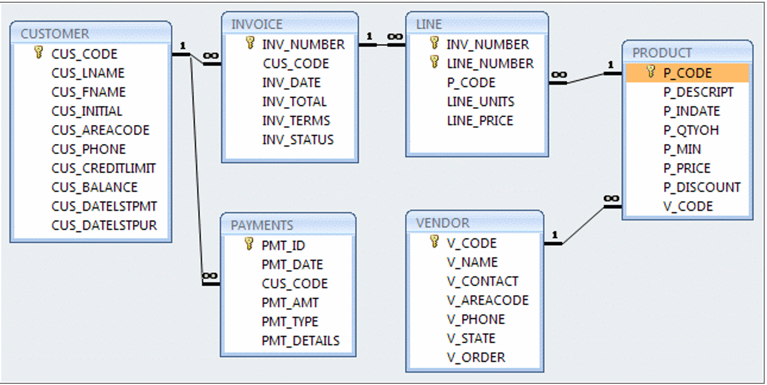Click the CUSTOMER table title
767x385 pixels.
pos(54,34)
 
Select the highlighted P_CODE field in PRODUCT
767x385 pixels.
pos(687,73)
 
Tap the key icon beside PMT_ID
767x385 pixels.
pos(249,244)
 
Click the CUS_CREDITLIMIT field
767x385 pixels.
pos(103,168)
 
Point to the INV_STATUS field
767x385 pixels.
pos(298,139)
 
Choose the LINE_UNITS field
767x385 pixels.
pos(480,102)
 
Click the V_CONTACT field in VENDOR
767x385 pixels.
pos(482,281)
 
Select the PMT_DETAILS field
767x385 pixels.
pos(300,340)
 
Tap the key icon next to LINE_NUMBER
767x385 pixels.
pos(434,62)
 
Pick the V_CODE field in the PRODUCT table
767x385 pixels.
pos(688,206)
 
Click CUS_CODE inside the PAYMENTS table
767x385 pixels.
pos(294,283)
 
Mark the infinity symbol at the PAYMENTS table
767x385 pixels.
pos(209,276)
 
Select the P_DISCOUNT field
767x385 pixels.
pos(702,187)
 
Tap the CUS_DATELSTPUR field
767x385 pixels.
pos(104,225)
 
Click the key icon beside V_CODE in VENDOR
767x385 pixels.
pos(434,242)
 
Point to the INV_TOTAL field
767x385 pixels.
pos(294,102)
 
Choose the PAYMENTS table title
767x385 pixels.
pos(261,225)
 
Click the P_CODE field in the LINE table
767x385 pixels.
pos(471,83)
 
